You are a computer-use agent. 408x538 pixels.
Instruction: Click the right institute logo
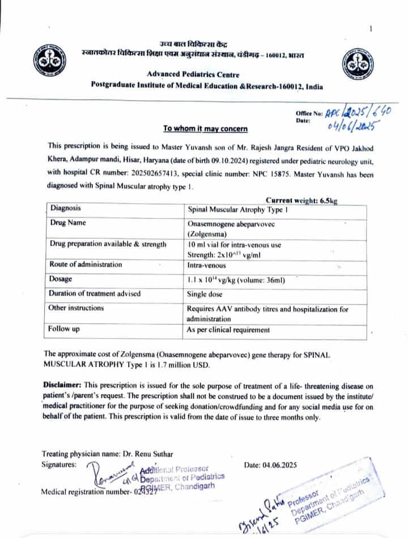(x=358, y=62)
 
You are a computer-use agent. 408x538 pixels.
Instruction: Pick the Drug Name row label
(x=68, y=223)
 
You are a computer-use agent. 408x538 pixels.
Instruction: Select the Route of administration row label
(x=86, y=264)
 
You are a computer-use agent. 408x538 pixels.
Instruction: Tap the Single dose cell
(x=205, y=294)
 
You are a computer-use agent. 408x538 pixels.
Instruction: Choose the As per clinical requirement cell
(x=228, y=330)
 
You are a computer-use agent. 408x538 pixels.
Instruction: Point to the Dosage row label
(x=64, y=279)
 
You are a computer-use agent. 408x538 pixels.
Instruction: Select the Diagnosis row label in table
(x=66, y=208)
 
